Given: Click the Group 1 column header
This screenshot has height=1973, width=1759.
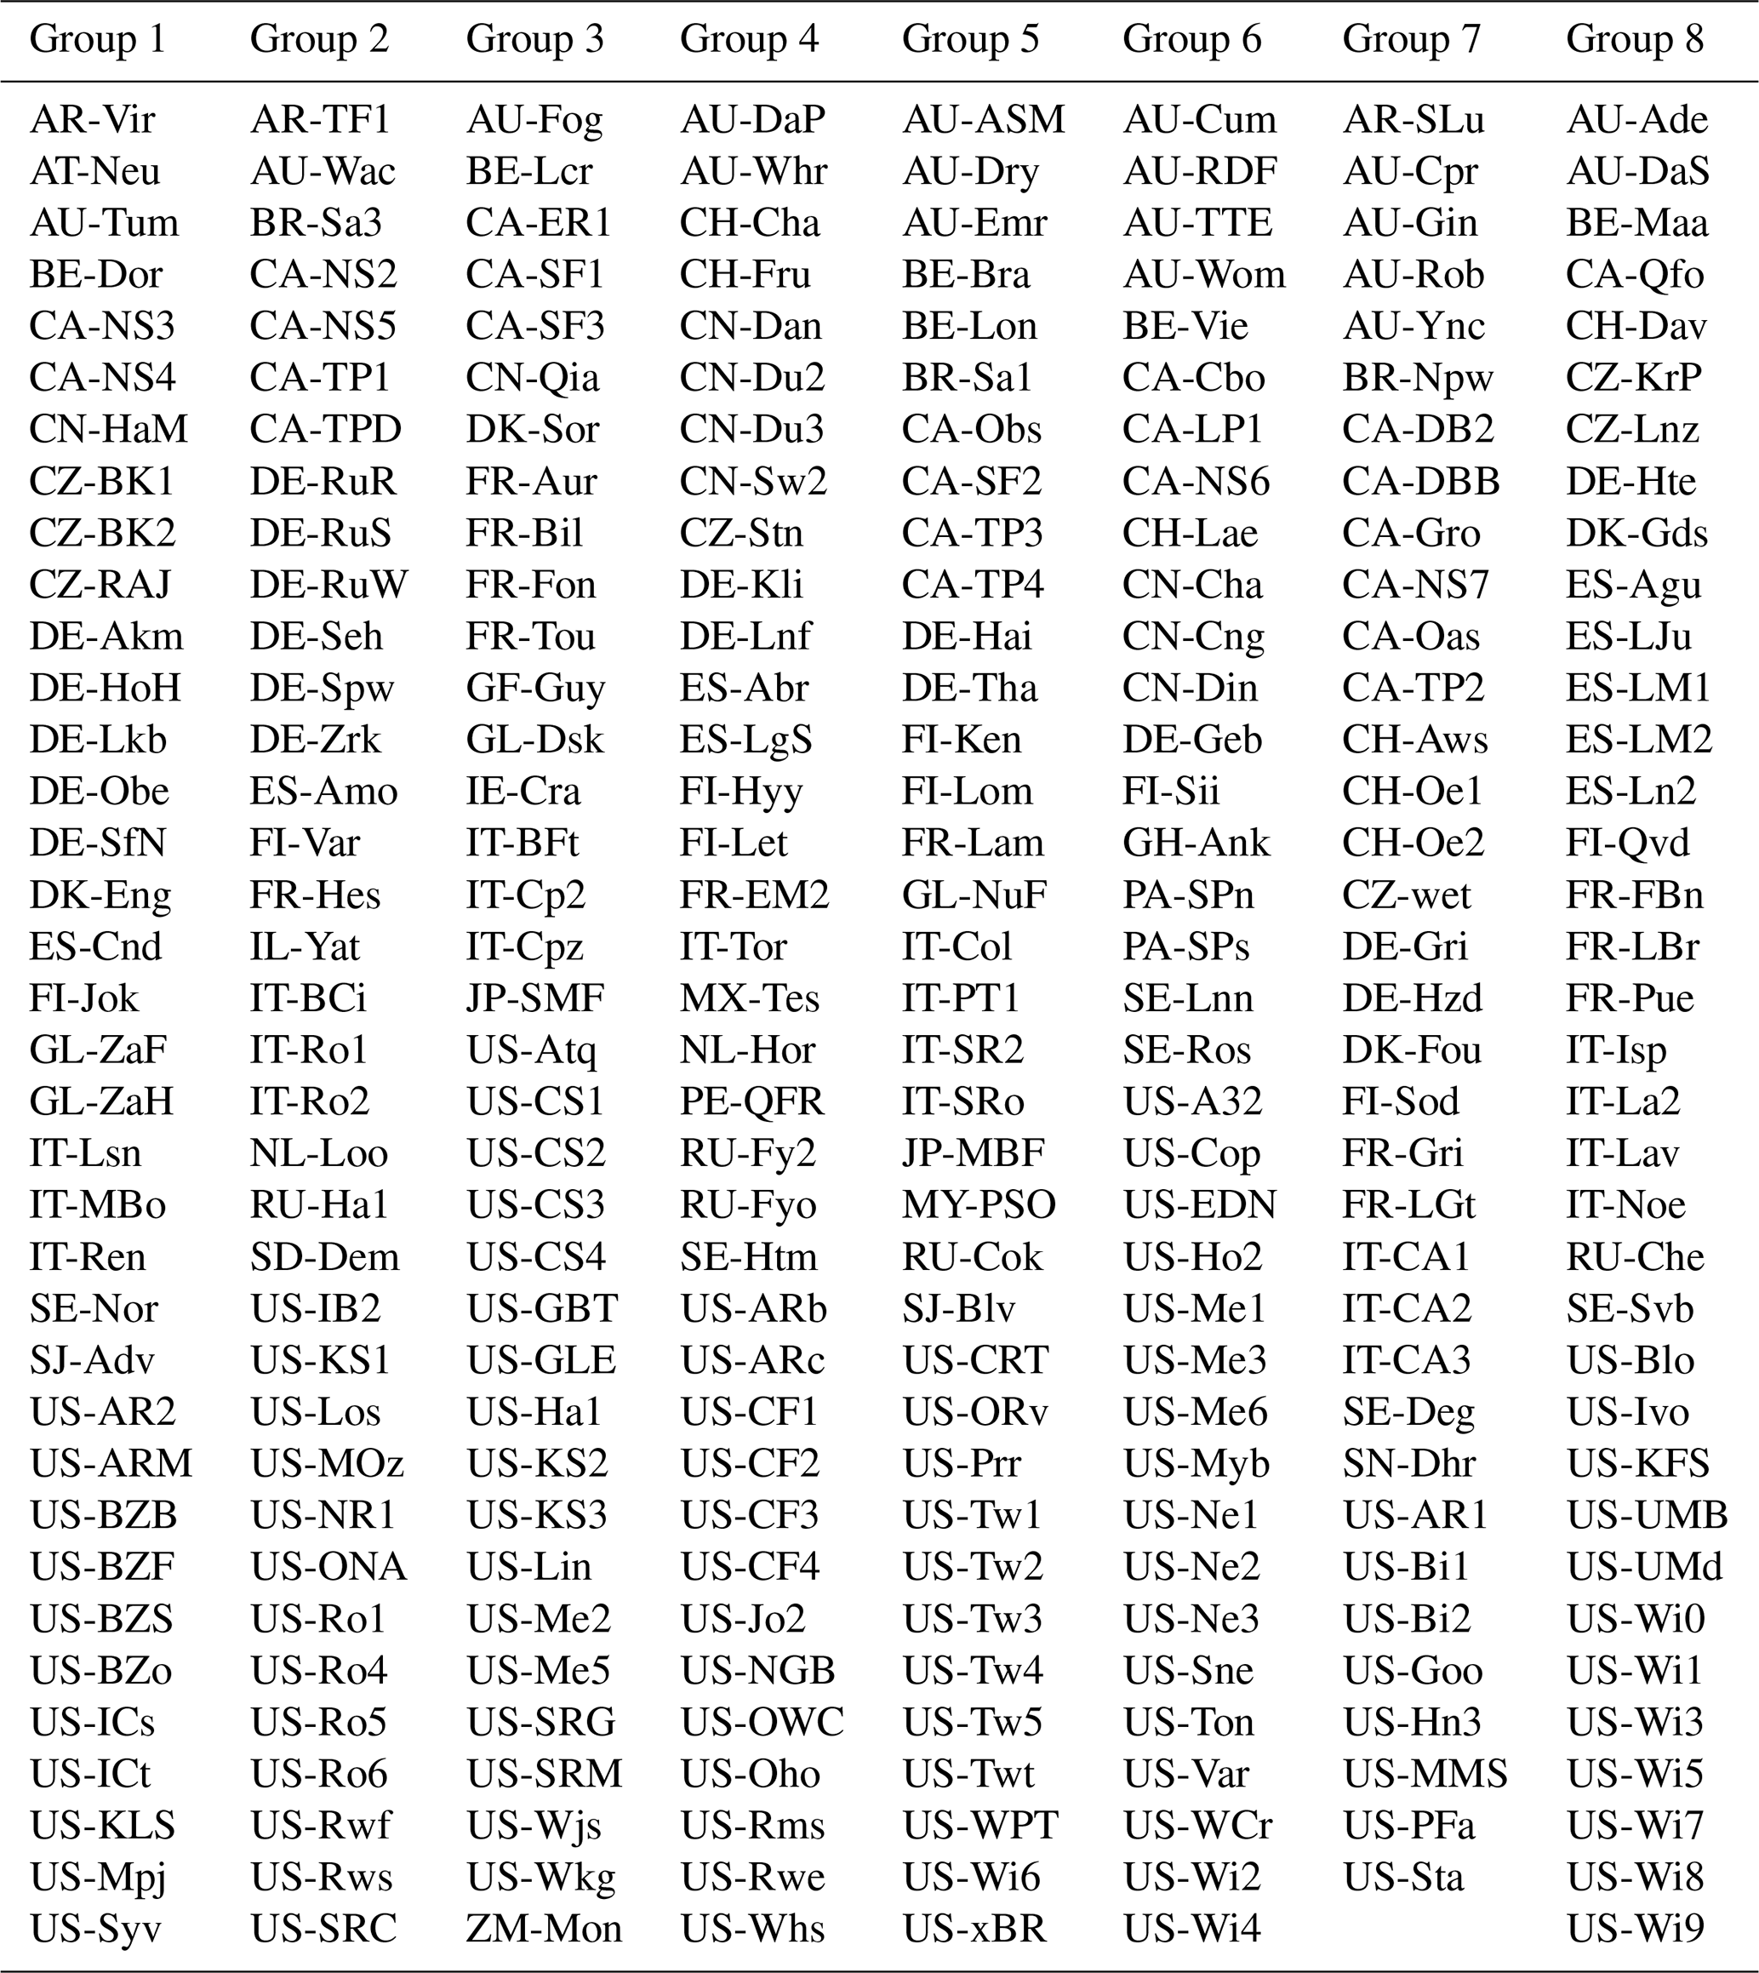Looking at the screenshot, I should click(98, 40).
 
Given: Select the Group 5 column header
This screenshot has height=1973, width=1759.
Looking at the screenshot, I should click(970, 40).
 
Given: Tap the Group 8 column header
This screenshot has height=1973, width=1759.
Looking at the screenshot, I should click(1634, 40).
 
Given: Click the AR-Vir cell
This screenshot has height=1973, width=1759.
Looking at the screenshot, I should click(92, 120).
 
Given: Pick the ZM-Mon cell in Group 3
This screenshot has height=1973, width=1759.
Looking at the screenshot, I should click(544, 1929).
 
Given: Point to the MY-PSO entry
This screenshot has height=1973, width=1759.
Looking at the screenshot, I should click(979, 1205).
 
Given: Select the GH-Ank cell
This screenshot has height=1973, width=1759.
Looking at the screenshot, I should click(1196, 843).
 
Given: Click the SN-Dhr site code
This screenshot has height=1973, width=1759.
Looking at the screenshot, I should click(1408, 1463).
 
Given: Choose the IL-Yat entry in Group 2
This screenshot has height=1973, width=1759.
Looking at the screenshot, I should click(305, 946).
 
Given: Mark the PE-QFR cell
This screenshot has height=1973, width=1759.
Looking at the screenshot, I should click(752, 1102).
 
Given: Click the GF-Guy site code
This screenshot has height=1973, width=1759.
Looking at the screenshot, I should click(535, 689).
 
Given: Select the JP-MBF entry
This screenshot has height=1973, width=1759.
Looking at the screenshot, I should click(974, 1153).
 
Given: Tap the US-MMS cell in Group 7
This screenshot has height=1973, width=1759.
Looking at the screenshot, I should click(1425, 1774).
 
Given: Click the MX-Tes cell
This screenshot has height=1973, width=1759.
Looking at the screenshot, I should click(750, 998).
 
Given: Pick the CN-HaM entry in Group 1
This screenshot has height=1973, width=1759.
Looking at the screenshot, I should click(108, 429).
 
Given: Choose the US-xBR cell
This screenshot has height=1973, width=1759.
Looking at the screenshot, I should click(974, 1929).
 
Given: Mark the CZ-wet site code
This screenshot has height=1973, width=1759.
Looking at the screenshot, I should click(1406, 895).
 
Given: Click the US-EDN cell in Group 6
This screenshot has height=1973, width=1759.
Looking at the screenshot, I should click(1199, 1205).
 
